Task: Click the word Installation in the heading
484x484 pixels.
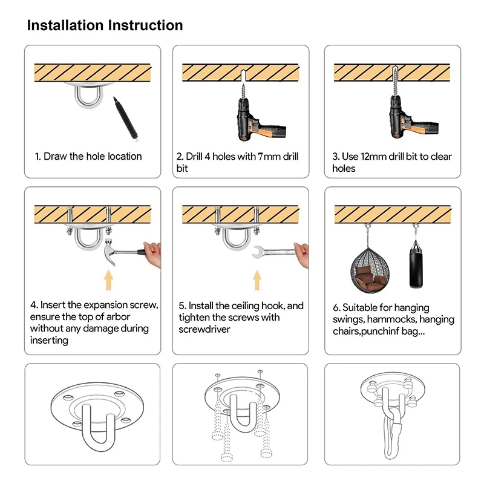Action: click(x=65, y=25)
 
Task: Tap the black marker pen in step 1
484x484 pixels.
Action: click(x=126, y=118)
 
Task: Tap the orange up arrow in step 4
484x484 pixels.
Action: click(x=108, y=280)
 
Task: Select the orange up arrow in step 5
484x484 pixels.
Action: click(x=257, y=280)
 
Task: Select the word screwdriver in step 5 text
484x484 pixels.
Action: click(x=204, y=329)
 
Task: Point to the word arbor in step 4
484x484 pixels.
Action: click(x=118, y=316)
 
